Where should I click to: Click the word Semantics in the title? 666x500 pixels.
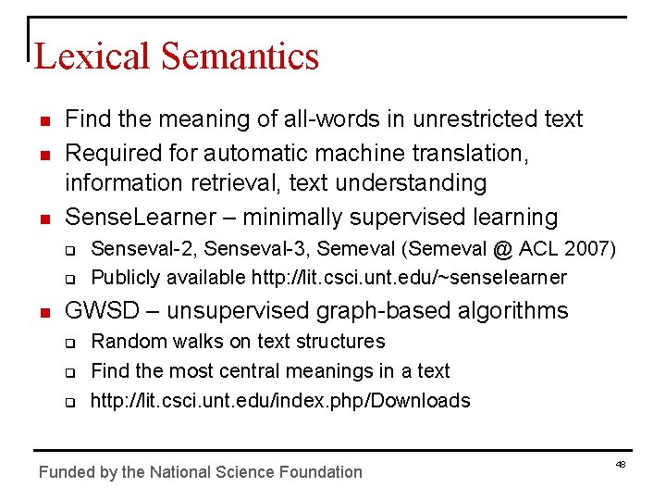point(240,56)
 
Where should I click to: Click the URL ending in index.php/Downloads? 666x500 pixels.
point(280,401)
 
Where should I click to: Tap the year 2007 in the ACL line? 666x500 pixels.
point(589,248)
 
